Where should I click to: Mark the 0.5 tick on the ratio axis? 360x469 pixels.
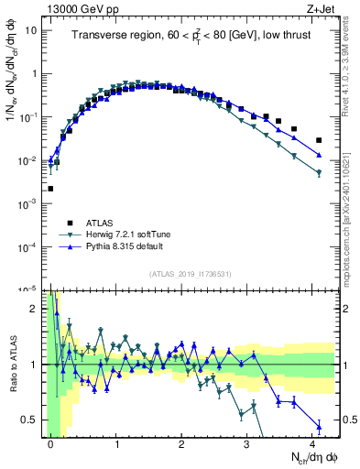[x=29, y=420]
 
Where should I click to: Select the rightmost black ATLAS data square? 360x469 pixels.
[x=319, y=140]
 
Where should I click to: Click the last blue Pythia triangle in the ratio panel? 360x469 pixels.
[x=319, y=426]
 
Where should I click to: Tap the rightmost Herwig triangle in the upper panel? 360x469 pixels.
[x=319, y=172]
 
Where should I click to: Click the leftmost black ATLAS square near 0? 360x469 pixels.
[x=50, y=189]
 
